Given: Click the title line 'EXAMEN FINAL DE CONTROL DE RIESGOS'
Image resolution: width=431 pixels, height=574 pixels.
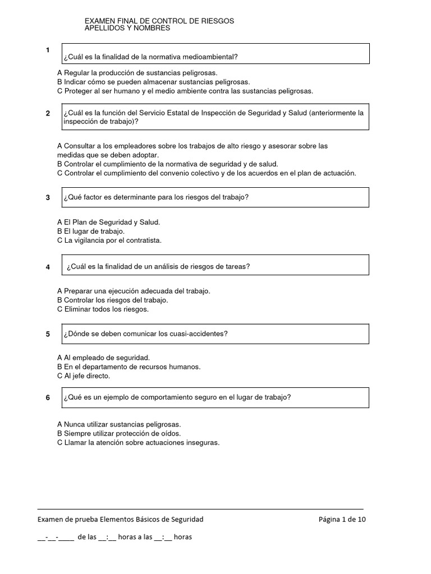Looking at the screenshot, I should [x=159, y=21].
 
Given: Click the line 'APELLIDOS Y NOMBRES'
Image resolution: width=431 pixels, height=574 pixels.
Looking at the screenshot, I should [x=127, y=28].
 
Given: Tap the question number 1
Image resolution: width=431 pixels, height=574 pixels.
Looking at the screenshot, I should [x=48, y=50].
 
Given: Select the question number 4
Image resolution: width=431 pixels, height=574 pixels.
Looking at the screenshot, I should [x=48, y=267].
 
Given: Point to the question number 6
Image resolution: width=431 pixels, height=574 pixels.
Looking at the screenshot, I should [x=48, y=397].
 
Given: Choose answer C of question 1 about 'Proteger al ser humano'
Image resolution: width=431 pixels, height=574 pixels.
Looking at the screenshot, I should [x=185, y=91].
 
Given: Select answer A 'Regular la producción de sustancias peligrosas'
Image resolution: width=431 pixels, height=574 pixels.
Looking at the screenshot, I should [x=137, y=73].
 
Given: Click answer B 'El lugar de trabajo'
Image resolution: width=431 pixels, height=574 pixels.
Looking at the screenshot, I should [x=91, y=231].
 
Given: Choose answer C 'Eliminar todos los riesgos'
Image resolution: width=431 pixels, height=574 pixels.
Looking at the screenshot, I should [x=103, y=309].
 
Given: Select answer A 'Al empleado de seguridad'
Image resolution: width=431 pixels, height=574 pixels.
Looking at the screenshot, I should [x=103, y=357].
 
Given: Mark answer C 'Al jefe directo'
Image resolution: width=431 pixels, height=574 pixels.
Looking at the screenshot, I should [x=84, y=376].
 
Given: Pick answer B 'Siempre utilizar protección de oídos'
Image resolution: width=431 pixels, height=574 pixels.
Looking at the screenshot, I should [x=119, y=433].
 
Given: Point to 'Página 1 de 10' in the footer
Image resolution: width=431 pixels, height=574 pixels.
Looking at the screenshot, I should [x=342, y=519].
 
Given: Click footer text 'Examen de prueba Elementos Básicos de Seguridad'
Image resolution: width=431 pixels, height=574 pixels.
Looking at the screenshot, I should [x=121, y=519].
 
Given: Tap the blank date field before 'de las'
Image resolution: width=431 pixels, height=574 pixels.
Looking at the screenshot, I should [x=56, y=537].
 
